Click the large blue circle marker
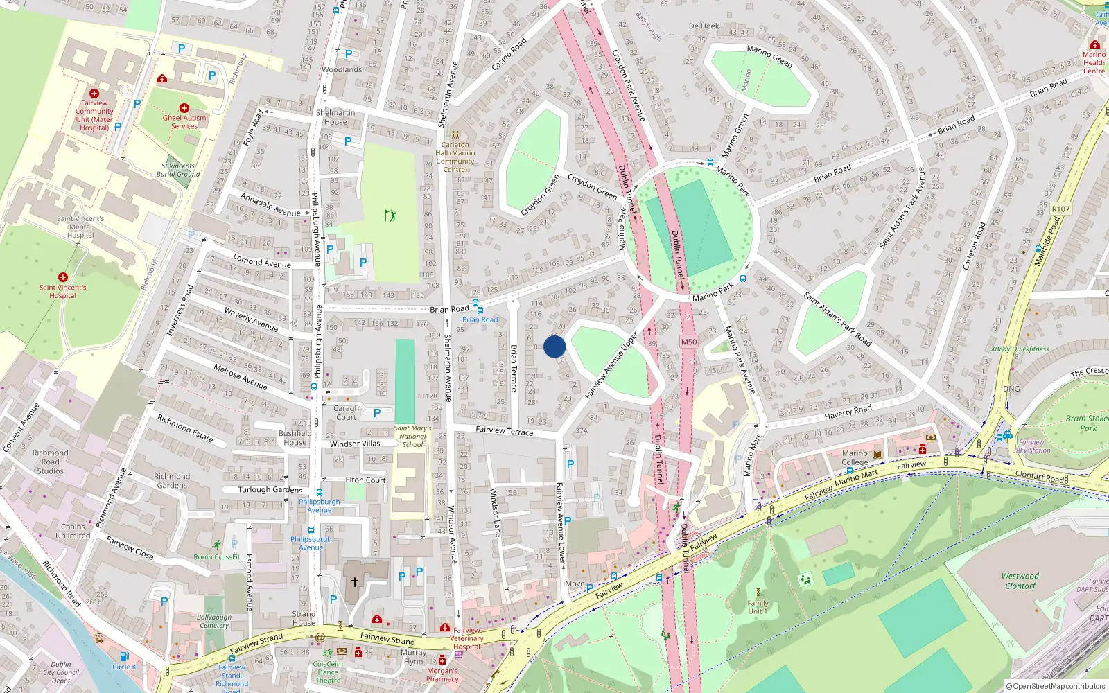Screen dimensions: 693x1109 coord(554,346)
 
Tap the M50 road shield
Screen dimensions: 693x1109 coord(688,342)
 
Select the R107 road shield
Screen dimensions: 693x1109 coord(1060,209)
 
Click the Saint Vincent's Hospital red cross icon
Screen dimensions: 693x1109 coord(63,277)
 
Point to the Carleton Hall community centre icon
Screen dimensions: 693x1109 coord(455,135)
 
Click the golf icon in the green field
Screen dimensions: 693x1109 coord(390,216)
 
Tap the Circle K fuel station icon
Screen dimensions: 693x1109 coord(124,656)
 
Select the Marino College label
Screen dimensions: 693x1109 coord(855,458)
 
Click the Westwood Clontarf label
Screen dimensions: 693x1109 coord(1020,581)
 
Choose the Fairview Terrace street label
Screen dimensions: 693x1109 coord(504,431)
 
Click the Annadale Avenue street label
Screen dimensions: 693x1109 coord(270,204)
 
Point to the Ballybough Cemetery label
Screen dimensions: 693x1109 coord(214,621)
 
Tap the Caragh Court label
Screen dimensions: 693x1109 coord(346,413)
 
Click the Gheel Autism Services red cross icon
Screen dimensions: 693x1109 coord(184,108)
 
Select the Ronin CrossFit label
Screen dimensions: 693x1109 coord(217,556)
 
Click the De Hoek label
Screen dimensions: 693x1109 coord(704,26)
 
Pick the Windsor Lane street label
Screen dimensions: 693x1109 coord(495,512)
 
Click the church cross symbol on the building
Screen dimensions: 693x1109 coord(355,582)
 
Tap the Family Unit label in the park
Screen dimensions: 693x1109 coord(758,607)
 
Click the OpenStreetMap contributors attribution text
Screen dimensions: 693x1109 coord(1055,686)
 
